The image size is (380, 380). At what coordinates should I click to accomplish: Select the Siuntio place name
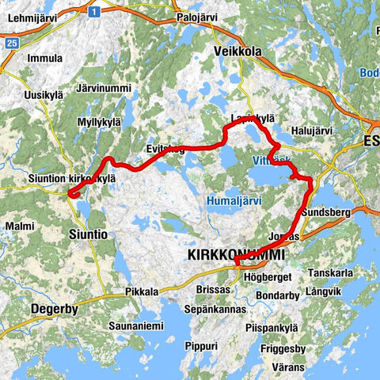87,235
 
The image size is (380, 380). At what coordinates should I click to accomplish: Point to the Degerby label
54,310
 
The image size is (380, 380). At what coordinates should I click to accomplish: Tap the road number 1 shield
94,12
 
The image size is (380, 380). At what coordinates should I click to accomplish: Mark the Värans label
287,368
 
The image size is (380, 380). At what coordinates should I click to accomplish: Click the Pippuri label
201,347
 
